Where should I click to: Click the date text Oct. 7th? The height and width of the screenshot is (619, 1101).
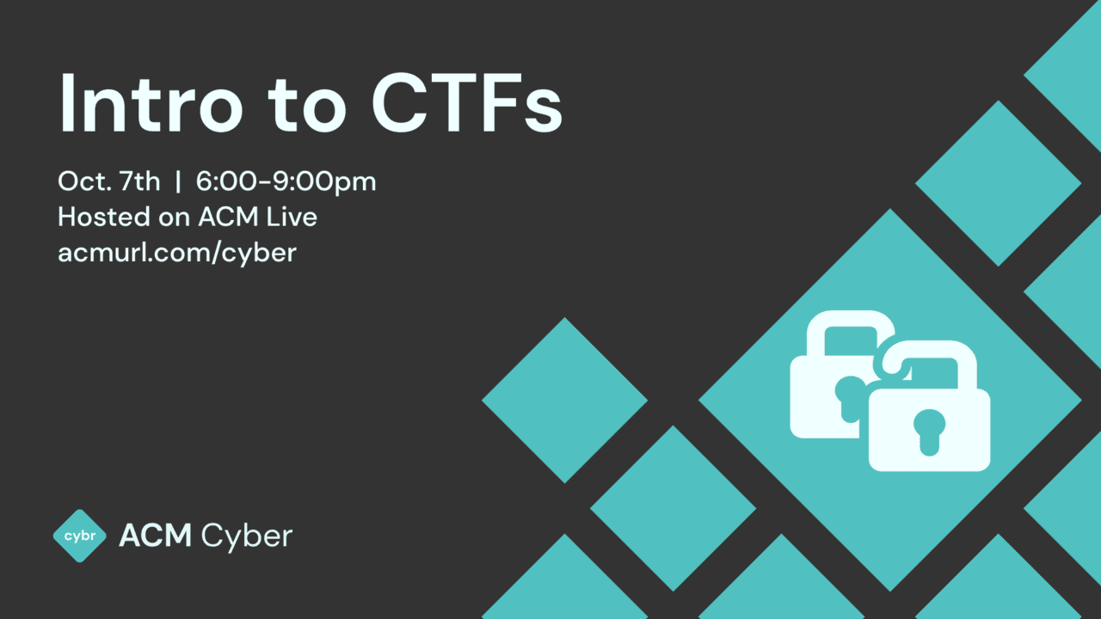(x=108, y=181)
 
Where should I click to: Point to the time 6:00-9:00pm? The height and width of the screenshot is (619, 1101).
(x=286, y=182)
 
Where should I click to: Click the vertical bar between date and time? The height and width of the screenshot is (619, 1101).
(x=178, y=182)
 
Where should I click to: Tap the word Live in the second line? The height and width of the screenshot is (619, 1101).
(x=292, y=217)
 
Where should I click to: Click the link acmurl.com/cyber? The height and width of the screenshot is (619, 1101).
(x=176, y=253)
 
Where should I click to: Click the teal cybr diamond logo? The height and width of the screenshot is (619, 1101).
(x=79, y=536)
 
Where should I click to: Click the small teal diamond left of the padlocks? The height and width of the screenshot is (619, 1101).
(x=564, y=400)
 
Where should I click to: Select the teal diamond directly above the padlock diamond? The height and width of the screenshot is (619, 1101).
(x=998, y=183)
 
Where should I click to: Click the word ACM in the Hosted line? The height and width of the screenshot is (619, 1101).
(x=226, y=217)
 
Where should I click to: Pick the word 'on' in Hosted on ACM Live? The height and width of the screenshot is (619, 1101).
(x=175, y=218)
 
